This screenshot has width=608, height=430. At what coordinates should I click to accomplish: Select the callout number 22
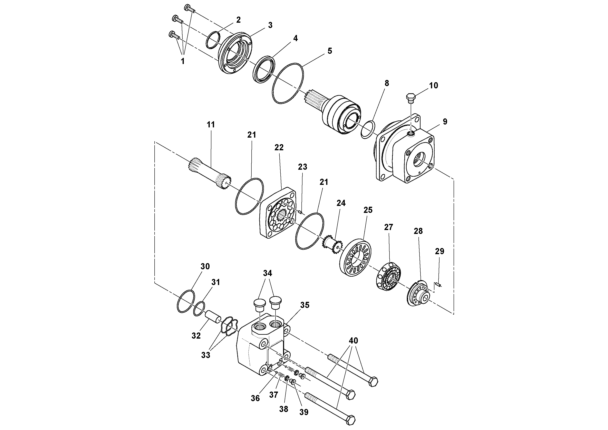pos(279,147)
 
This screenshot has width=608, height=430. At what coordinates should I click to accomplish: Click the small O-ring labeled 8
pos(368,130)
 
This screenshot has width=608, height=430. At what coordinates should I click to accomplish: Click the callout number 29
pos(440,251)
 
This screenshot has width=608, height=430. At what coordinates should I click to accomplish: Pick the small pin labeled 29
pos(438,285)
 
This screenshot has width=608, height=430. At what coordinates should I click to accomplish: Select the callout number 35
pos(305,305)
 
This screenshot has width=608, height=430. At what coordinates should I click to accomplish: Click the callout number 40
pos(354,341)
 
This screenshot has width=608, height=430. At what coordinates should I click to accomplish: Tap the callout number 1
pos(182,61)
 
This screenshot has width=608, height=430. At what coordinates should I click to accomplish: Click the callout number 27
pos(388,227)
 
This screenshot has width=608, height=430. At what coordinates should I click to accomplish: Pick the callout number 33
pos(205,355)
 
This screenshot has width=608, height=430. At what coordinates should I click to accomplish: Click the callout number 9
pos(445,122)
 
